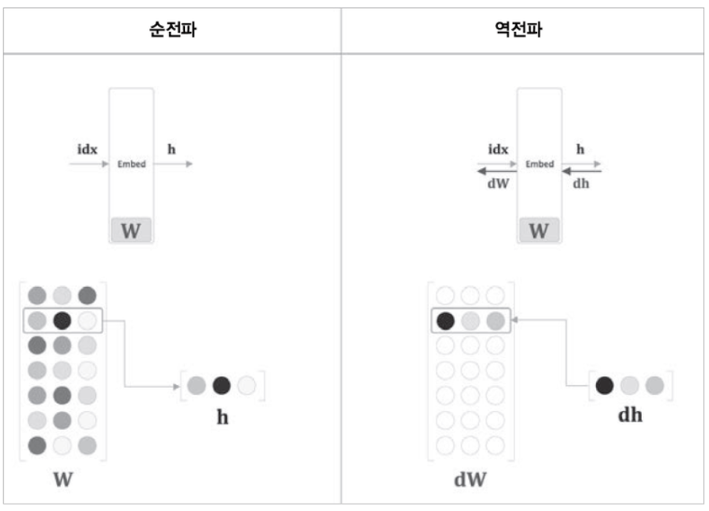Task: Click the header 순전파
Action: [x=172, y=30]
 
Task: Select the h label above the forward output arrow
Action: [x=171, y=149]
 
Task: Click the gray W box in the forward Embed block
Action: [x=131, y=231]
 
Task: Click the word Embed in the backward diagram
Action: [x=540, y=164]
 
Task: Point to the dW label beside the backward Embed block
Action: [x=498, y=184]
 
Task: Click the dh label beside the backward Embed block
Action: [x=581, y=184]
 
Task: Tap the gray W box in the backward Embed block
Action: [x=539, y=231]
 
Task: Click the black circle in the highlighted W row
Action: [x=63, y=320]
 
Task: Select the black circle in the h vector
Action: [x=221, y=385]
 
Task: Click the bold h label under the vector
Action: [x=222, y=417]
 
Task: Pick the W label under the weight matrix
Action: [x=63, y=481]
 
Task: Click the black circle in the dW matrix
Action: [x=446, y=320]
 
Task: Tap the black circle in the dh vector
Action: [x=604, y=384]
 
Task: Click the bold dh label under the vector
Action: [x=631, y=415]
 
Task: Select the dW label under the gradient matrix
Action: [x=470, y=481]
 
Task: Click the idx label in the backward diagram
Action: [x=498, y=149]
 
